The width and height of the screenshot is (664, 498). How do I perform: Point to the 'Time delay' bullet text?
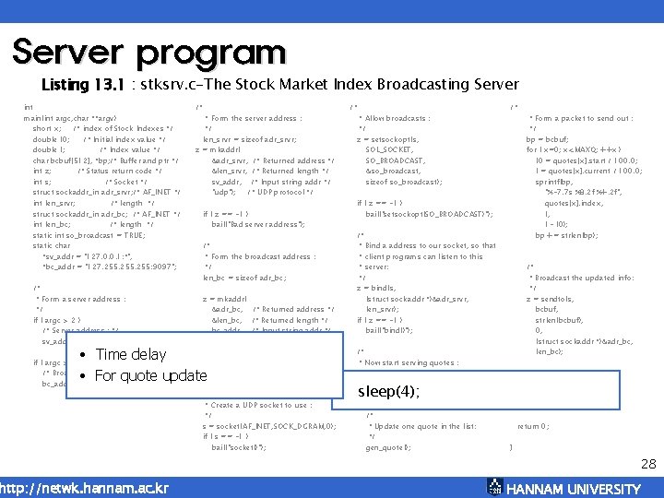pyautogui.click(x=131, y=355)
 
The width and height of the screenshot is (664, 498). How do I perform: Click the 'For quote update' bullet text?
pyautogui.click(x=151, y=375)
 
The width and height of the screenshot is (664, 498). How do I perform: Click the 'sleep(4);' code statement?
pyautogui.click(x=388, y=392)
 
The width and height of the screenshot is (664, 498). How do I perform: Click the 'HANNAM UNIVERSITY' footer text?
pyautogui.click(x=574, y=489)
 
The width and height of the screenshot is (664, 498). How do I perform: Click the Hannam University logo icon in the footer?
pyautogui.click(x=494, y=488)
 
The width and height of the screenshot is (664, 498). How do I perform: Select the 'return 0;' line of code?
pyautogui.click(x=535, y=427)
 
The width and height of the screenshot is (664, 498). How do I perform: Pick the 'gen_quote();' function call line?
pyautogui.click(x=388, y=447)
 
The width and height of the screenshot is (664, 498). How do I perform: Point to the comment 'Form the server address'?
pyautogui.click(x=252, y=119)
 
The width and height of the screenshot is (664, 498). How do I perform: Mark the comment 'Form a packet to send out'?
pyautogui.click(x=580, y=119)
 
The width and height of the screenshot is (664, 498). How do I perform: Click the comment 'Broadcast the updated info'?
pyautogui.click(x=581, y=278)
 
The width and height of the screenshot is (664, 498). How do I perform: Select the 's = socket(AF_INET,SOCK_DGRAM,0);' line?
pyautogui.click(x=268, y=426)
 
